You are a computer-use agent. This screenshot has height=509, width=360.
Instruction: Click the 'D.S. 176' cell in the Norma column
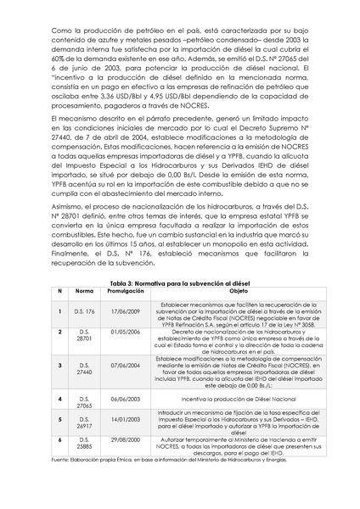pyautogui.click(x=85, y=312)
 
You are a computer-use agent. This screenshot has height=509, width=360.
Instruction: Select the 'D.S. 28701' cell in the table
pyautogui.click(x=85, y=334)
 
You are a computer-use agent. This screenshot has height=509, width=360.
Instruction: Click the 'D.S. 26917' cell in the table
pyautogui.click(x=85, y=422)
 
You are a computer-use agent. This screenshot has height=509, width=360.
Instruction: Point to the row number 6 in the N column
pyautogui.click(x=59, y=440)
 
